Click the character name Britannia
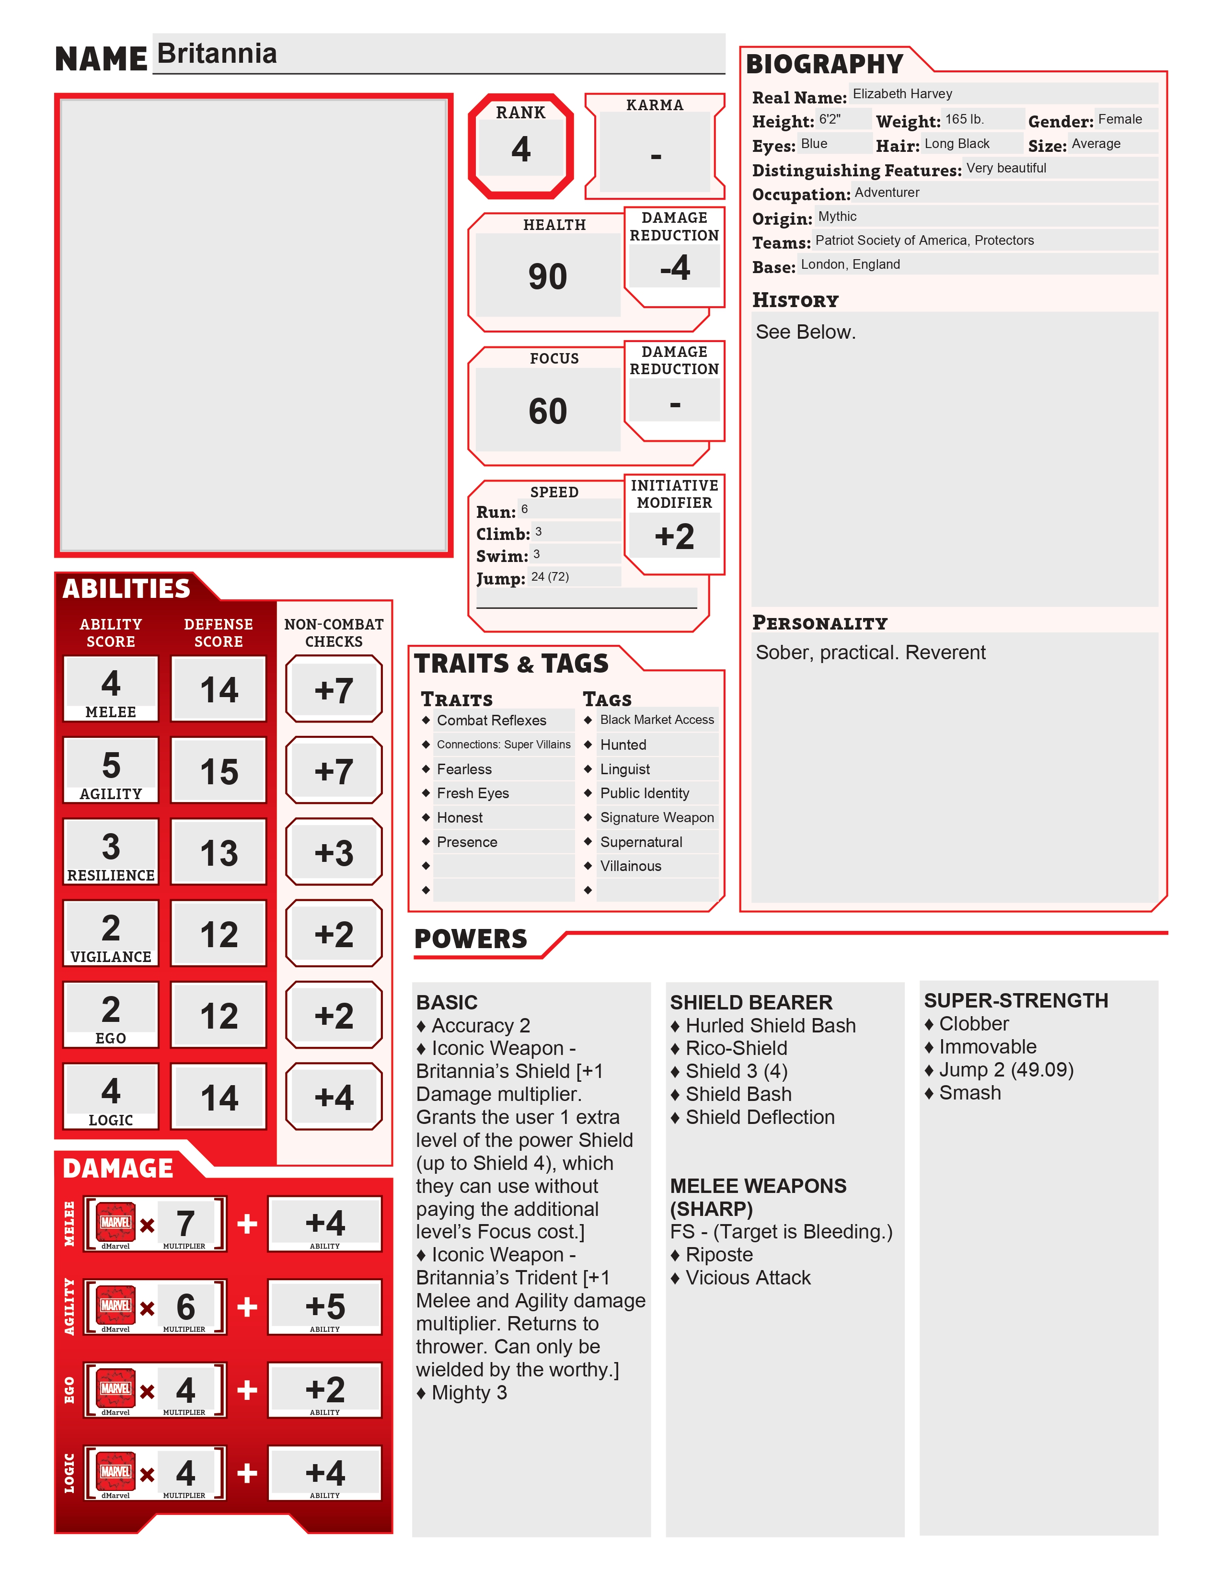217,54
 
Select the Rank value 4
520,149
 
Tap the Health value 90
547,276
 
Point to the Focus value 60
547,411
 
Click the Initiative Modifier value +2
674,537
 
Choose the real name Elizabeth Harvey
902,94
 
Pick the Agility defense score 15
219,772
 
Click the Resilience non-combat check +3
334,853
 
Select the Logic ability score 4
111,1090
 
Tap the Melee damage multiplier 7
185,1224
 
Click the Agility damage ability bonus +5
325,1306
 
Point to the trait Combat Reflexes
492,720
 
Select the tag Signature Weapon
657,817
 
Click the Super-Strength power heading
1015,1000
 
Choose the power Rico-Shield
736,1048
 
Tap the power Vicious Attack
748,1278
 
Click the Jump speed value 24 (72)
550,577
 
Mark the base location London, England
850,264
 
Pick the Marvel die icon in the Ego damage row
116,1388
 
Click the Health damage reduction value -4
675,268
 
